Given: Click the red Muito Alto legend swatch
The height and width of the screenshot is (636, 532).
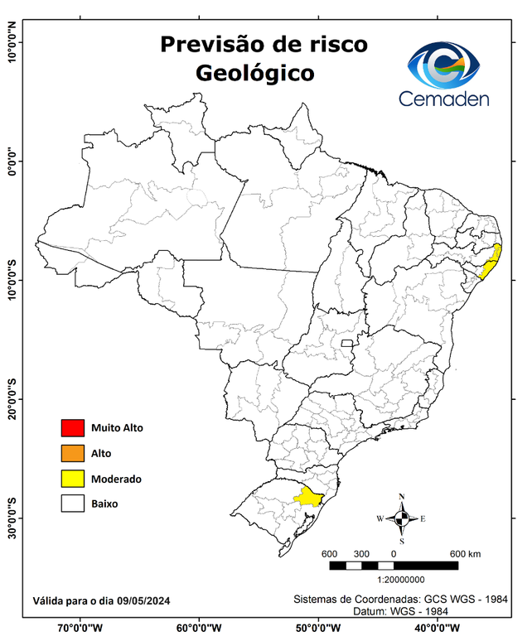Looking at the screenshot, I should pyautogui.click(x=72, y=428).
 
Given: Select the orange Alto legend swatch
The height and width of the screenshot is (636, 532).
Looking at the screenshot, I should pyautogui.click(x=72, y=453).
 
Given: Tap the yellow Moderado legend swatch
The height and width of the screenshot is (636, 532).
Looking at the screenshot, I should pyautogui.click(x=72, y=478).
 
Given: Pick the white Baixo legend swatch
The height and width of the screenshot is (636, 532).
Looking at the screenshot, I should pyautogui.click(x=72, y=503).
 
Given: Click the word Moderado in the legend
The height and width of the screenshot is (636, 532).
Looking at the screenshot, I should pyautogui.click(x=116, y=479).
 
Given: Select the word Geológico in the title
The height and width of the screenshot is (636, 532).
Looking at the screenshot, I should pyautogui.click(x=255, y=73).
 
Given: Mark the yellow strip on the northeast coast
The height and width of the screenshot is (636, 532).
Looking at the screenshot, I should pyautogui.click(x=491, y=263).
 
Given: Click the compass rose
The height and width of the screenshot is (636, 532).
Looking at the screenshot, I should pyautogui.click(x=402, y=518).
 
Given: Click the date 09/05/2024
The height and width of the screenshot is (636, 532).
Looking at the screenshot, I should pyautogui.click(x=143, y=600).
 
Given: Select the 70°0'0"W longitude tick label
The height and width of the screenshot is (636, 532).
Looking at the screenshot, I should pyautogui.click(x=80, y=628).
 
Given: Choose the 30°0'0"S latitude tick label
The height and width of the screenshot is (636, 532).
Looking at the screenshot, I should pyautogui.click(x=12, y=518).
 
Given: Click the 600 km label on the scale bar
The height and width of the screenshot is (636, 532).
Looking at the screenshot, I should pyautogui.click(x=465, y=553).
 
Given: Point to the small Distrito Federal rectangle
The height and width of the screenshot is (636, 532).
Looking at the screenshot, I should pyautogui.click(x=348, y=340).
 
